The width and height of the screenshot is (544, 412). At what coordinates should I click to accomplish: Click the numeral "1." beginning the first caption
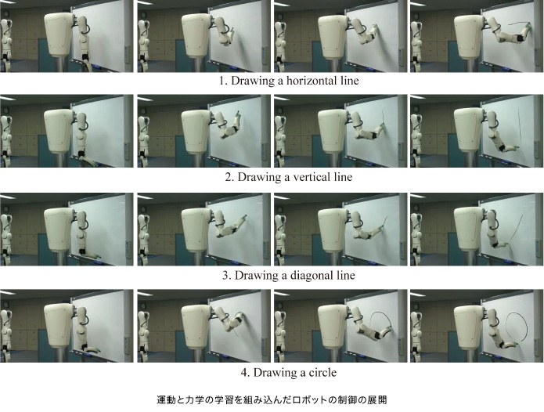click(223, 81)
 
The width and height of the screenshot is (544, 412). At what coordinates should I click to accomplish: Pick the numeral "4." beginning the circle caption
click(245, 373)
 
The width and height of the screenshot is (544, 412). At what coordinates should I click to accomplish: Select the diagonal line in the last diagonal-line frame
click(517, 228)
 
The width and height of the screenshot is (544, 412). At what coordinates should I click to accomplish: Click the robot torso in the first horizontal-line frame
click(59, 34)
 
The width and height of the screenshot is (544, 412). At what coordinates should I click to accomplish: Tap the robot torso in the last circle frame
click(469, 327)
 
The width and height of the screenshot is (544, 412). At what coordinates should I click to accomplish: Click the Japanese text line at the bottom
click(272, 399)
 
